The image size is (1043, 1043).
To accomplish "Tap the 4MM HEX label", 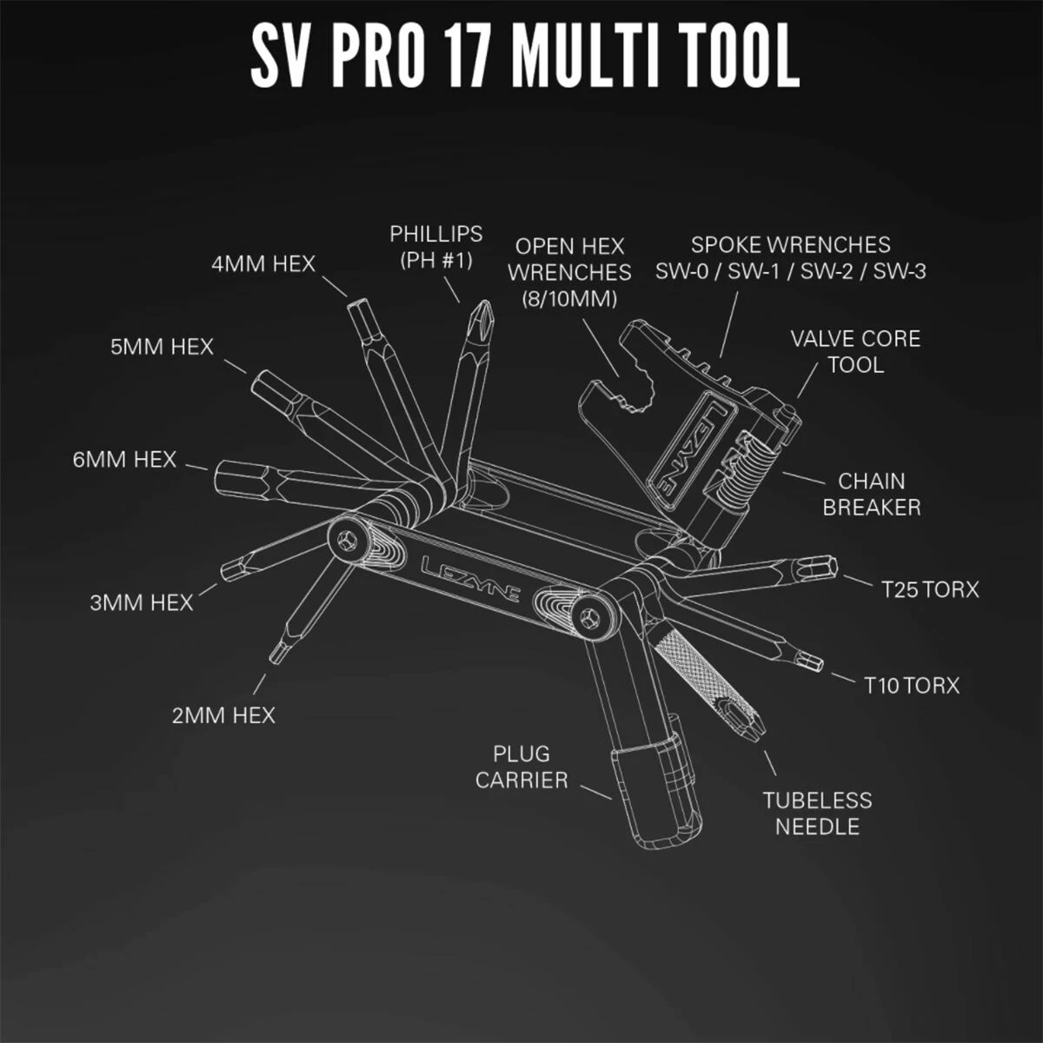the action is (263, 264).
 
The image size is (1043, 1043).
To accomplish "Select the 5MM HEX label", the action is (162, 347).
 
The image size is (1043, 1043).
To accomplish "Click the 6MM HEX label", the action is (124, 460).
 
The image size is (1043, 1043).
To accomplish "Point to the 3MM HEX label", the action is (142, 603).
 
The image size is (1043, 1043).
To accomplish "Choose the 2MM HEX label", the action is (223, 715).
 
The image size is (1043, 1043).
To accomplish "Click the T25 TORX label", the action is (930, 589).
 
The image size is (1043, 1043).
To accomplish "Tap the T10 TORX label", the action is (911, 686).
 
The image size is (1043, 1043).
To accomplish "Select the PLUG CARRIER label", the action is (521, 767).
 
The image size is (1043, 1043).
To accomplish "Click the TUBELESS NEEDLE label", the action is (817, 814).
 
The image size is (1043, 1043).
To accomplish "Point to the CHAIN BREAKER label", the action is (872, 495).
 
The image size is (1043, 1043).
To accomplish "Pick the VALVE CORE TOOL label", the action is (856, 352).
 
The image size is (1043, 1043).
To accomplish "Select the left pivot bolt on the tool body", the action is (347, 540).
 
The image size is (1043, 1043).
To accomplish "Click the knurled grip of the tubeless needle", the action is (688, 662).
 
